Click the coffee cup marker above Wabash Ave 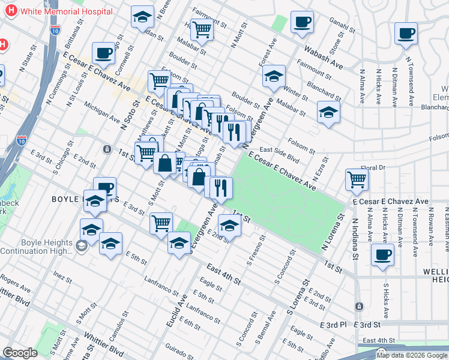point(302,22)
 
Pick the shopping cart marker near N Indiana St point(357,178)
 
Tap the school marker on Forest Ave point(274,76)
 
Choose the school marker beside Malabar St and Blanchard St point(328,112)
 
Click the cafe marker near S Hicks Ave point(382,254)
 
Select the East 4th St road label point(223,274)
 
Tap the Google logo point(20,353)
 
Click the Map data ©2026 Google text point(411,355)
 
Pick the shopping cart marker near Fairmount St point(203,28)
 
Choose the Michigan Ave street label point(101,110)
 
